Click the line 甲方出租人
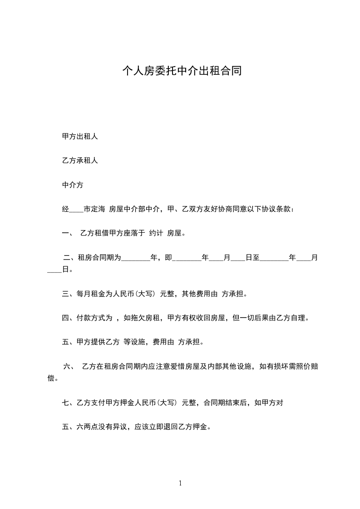80,137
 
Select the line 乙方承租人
80,161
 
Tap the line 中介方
73,185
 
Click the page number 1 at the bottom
180,483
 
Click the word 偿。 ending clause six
53,378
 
